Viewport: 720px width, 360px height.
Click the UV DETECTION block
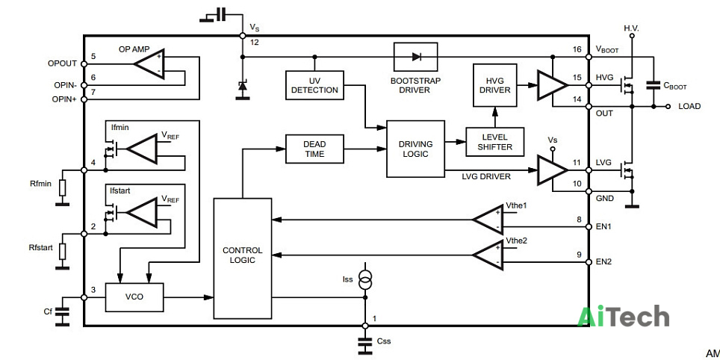[314, 85]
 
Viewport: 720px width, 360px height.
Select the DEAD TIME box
[314, 149]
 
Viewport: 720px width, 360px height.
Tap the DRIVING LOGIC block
[415, 149]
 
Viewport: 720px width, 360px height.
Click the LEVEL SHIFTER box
[495, 143]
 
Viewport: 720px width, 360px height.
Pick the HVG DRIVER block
[495, 85]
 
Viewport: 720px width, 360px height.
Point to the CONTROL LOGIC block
[243, 258]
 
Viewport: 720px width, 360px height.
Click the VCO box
[134, 297]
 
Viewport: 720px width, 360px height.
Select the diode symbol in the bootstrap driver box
[416, 57]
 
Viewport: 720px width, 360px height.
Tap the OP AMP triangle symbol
[149, 63]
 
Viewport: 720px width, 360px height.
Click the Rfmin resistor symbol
[63, 187]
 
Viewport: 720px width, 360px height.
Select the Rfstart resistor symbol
[63, 251]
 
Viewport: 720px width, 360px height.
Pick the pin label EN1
[603, 227]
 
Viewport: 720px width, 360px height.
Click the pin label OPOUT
[61, 63]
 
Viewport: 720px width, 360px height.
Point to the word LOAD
[689, 106]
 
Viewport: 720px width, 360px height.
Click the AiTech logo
[623, 317]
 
